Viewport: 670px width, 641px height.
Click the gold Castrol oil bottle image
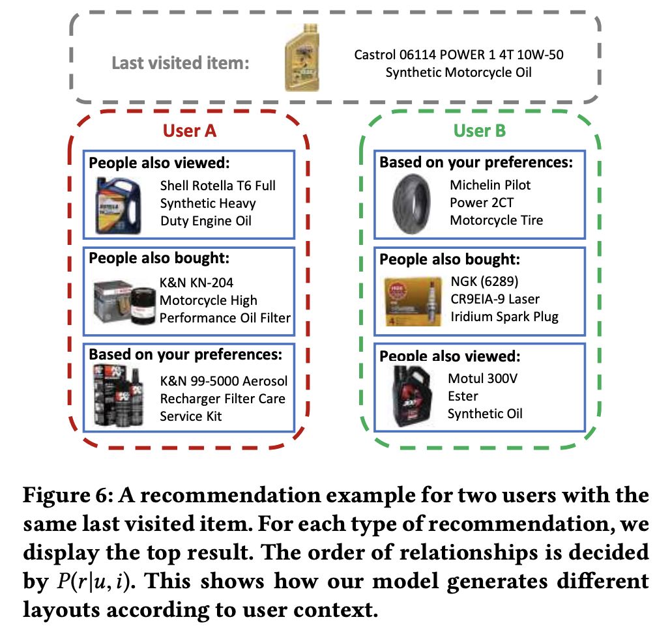[304, 62]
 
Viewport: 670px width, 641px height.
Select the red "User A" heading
[190, 131]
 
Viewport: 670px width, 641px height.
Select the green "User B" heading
[480, 131]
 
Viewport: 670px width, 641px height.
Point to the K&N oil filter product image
[122, 301]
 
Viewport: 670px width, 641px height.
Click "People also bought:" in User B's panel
[450, 260]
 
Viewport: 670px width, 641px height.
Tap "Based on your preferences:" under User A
[185, 355]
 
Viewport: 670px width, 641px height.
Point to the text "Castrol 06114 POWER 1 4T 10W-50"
[459, 55]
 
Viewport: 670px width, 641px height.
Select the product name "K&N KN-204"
[196, 283]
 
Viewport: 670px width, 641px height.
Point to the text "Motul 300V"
[482, 378]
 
